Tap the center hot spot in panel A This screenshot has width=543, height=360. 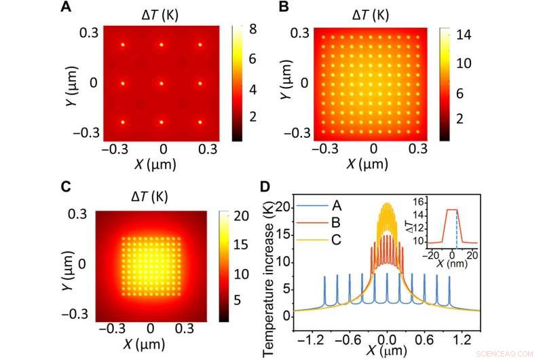pos(162,84)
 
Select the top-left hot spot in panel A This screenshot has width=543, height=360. pos(123,45)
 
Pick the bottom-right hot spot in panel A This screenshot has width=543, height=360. pos(201,122)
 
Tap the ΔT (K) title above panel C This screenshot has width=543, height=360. pos(162,196)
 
